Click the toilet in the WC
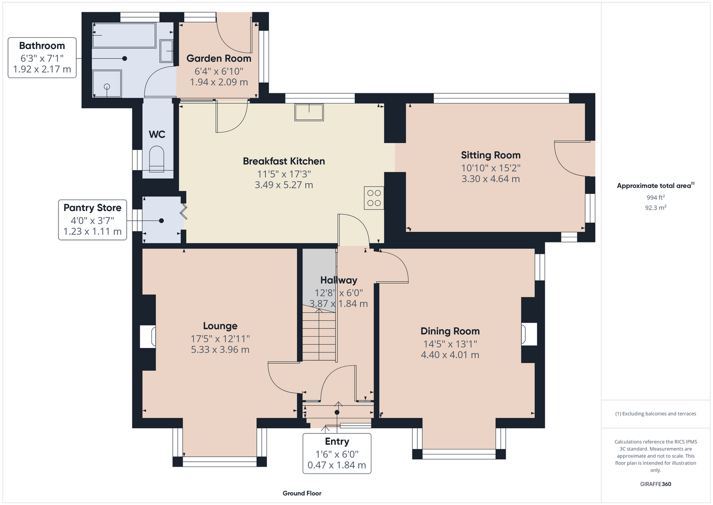[156, 159]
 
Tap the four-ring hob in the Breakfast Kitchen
[374, 198]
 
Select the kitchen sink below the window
[309, 112]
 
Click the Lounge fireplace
[148, 336]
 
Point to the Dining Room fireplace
[529, 334]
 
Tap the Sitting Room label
[490, 155]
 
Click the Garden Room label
[218, 58]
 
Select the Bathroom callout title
[42, 45]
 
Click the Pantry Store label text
[92, 208]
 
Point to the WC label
[157, 134]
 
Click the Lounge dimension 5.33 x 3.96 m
[220, 349]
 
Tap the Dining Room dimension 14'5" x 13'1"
[450, 344]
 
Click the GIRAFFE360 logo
[655, 484]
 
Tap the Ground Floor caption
[302, 493]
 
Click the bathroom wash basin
[166, 51]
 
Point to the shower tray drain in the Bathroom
[107, 86]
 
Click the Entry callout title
[337, 441]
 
